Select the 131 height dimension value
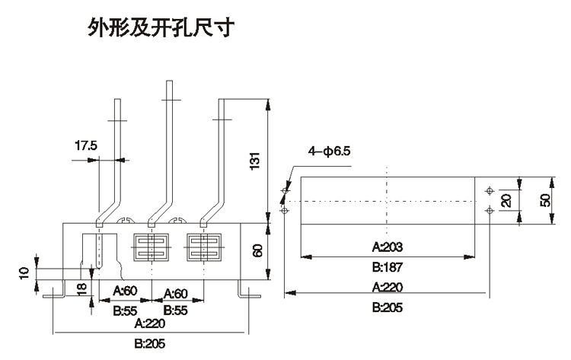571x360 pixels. pos(257,161)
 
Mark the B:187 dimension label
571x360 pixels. pos(387,267)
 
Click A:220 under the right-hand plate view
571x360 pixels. pos(387,288)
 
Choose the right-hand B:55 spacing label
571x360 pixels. pos(176,311)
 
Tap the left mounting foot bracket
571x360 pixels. pos(53,293)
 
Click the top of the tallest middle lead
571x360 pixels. pos(168,81)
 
